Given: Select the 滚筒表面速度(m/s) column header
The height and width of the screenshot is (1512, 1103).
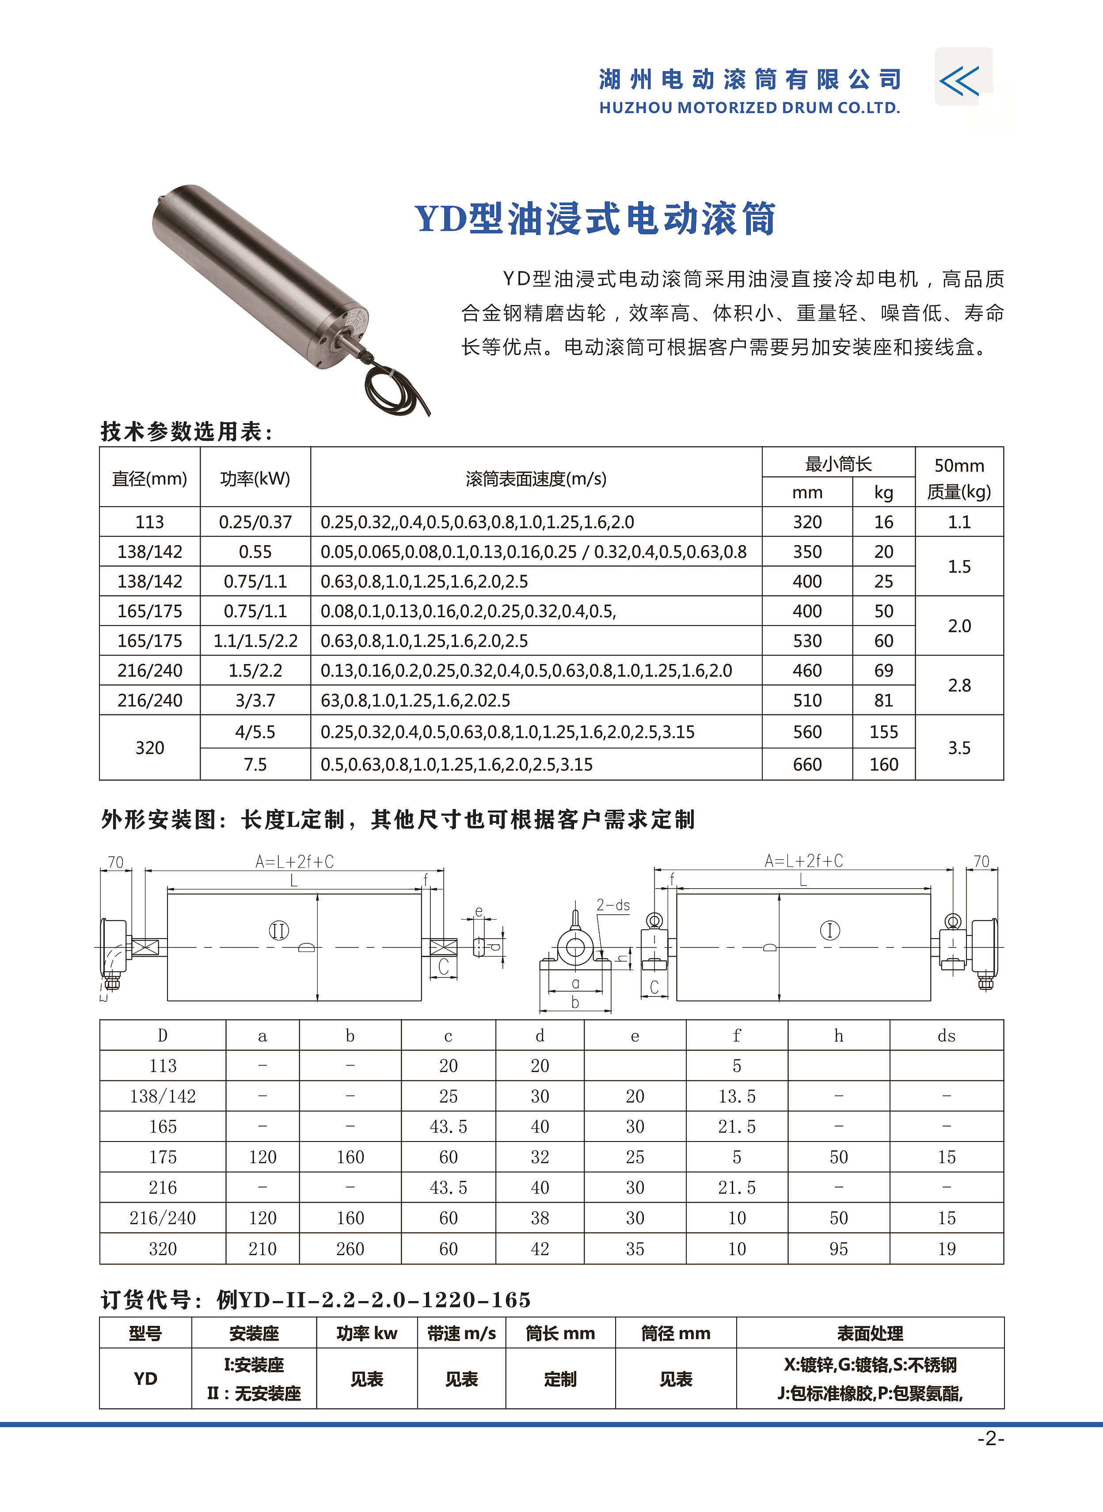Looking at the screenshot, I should (536, 478).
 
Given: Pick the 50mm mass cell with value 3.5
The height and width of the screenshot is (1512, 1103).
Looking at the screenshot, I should (959, 748).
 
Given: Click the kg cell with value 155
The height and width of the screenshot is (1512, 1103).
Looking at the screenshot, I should (883, 733).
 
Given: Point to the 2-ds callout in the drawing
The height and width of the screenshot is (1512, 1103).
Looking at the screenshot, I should (613, 905).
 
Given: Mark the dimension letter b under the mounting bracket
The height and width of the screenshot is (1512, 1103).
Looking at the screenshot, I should (575, 1002).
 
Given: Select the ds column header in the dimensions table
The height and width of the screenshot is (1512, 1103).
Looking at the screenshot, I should (946, 1036).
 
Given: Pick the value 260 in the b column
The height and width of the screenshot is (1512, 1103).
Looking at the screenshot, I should (350, 1249).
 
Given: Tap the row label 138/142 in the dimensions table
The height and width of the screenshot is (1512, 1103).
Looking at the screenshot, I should (163, 1096).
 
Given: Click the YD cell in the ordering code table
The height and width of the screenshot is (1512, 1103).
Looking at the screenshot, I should (145, 1378).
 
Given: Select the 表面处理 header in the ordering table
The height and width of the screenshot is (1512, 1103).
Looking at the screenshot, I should (870, 1334).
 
